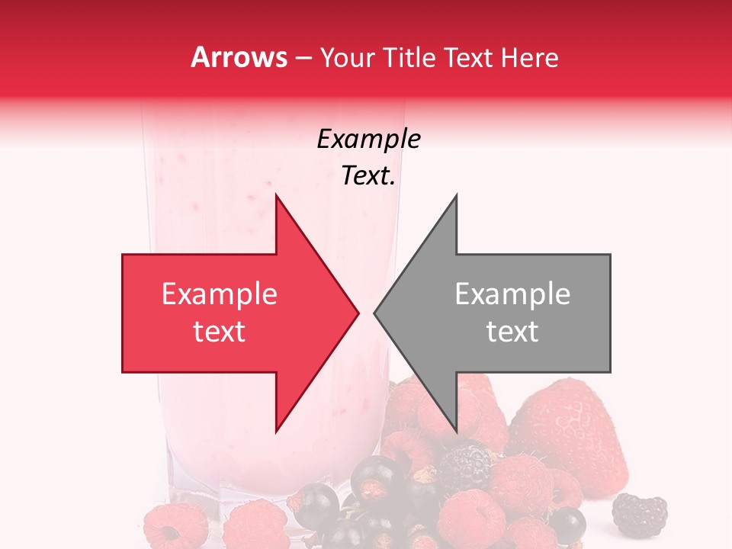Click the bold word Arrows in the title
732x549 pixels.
click(239, 57)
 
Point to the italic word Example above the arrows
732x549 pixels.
click(369, 140)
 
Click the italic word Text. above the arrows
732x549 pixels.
click(369, 176)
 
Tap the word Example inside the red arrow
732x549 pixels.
click(220, 294)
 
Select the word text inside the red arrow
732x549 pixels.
click(220, 332)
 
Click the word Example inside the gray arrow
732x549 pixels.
click(512, 294)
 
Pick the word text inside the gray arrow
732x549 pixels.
click(512, 332)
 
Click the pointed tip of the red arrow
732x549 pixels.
click(358, 313)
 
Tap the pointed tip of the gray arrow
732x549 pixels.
click(375, 313)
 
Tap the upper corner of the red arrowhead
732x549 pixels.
click(276, 195)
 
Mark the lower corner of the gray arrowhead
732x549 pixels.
click(456, 432)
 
